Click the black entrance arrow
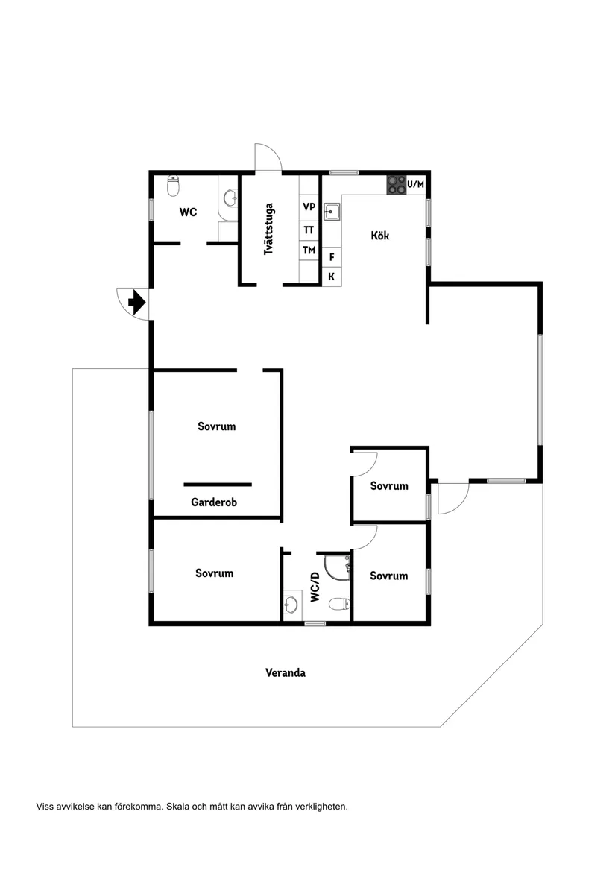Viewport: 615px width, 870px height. coord(136,303)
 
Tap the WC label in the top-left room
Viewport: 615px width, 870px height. coord(188,212)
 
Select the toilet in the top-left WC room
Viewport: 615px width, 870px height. coord(174,184)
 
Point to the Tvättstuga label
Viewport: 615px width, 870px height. coord(268,230)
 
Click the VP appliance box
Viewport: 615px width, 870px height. coord(309,207)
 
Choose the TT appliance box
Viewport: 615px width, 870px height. coord(309,230)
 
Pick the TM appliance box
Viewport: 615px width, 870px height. coord(309,250)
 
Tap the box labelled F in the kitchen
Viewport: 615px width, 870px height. coord(332,256)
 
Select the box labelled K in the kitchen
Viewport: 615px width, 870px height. coord(332,277)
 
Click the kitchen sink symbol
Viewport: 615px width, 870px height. coord(332,212)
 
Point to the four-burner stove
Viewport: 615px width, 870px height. coord(396,185)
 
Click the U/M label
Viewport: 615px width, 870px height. coord(416,184)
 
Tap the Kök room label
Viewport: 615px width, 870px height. coord(380,236)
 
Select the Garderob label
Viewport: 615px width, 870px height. coord(214,502)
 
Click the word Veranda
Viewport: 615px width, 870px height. coord(286,672)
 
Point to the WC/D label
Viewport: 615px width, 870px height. coord(315,587)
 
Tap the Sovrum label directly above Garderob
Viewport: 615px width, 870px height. coord(217,426)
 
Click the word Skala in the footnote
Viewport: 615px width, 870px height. coord(178,807)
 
